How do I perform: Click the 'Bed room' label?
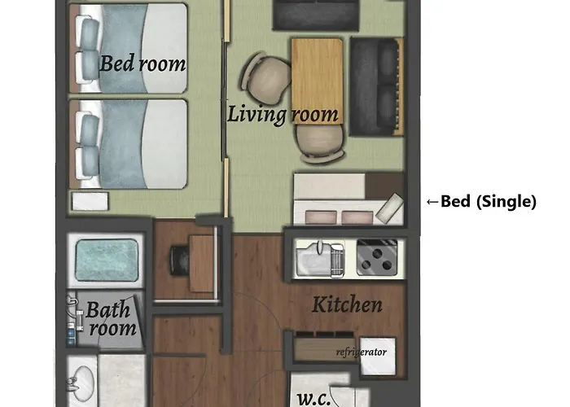[142, 63]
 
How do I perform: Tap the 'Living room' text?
[283, 114]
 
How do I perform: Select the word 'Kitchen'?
[347, 304]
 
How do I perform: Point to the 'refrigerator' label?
[361, 352]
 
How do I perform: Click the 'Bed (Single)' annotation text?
[489, 201]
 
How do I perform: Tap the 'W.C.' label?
[313, 399]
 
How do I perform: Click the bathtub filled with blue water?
[107, 260]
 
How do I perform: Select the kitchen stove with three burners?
[376, 257]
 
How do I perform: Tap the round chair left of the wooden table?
[266, 78]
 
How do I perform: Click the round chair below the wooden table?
[320, 142]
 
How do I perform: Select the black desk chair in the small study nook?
[179, 260]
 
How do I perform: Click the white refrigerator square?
[378, 357]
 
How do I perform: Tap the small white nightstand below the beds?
[90, 201]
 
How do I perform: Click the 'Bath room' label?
[111, 319]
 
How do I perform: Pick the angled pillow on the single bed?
[389, 208]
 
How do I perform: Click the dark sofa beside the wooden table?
[376, 86]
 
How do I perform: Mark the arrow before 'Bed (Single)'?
[432, 202]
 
